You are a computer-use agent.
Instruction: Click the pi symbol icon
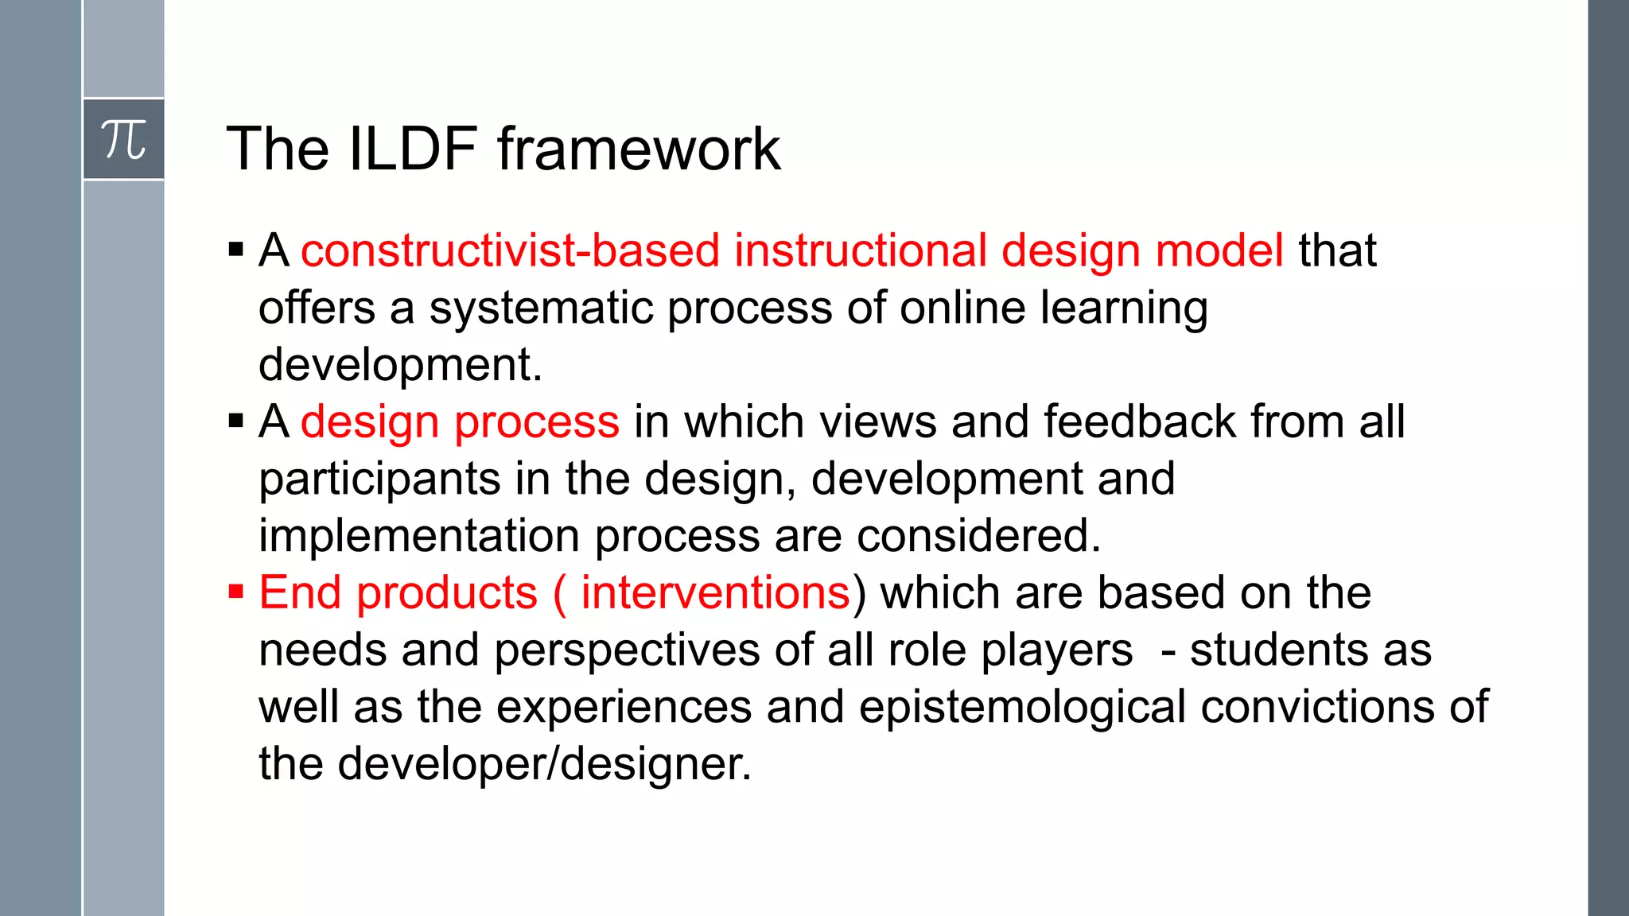[123, 140]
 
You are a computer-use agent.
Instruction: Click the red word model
[1219, 250]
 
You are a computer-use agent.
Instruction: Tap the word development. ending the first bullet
[400, 365]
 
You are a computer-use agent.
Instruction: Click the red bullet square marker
[235, 592]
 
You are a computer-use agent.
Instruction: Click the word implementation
[419, 536]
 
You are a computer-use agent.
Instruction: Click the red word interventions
[715, 593]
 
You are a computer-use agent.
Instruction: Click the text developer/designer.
[544, 764]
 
